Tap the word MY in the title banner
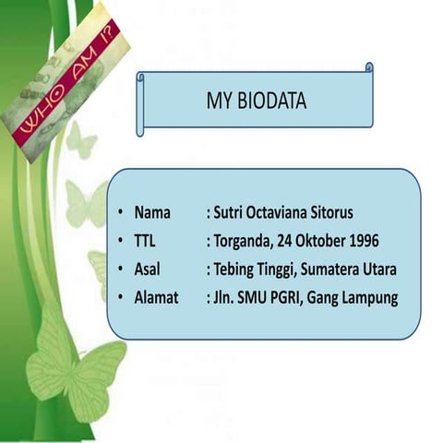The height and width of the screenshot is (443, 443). [x=218, y=101]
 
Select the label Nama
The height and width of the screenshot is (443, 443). [x=152, y=211]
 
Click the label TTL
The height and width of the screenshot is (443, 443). [x=145, y=241]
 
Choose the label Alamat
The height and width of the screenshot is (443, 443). [x=157, y=298]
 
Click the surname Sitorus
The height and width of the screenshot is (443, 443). [x=329, y=211]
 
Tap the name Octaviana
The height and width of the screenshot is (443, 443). [x=275, y=211]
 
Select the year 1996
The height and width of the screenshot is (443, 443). [x=360, y=241]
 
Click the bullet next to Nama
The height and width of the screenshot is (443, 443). [x=120, y=212]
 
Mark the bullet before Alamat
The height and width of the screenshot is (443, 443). [x=120, y=299]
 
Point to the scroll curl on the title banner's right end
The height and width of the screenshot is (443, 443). [x=369, y=67]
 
